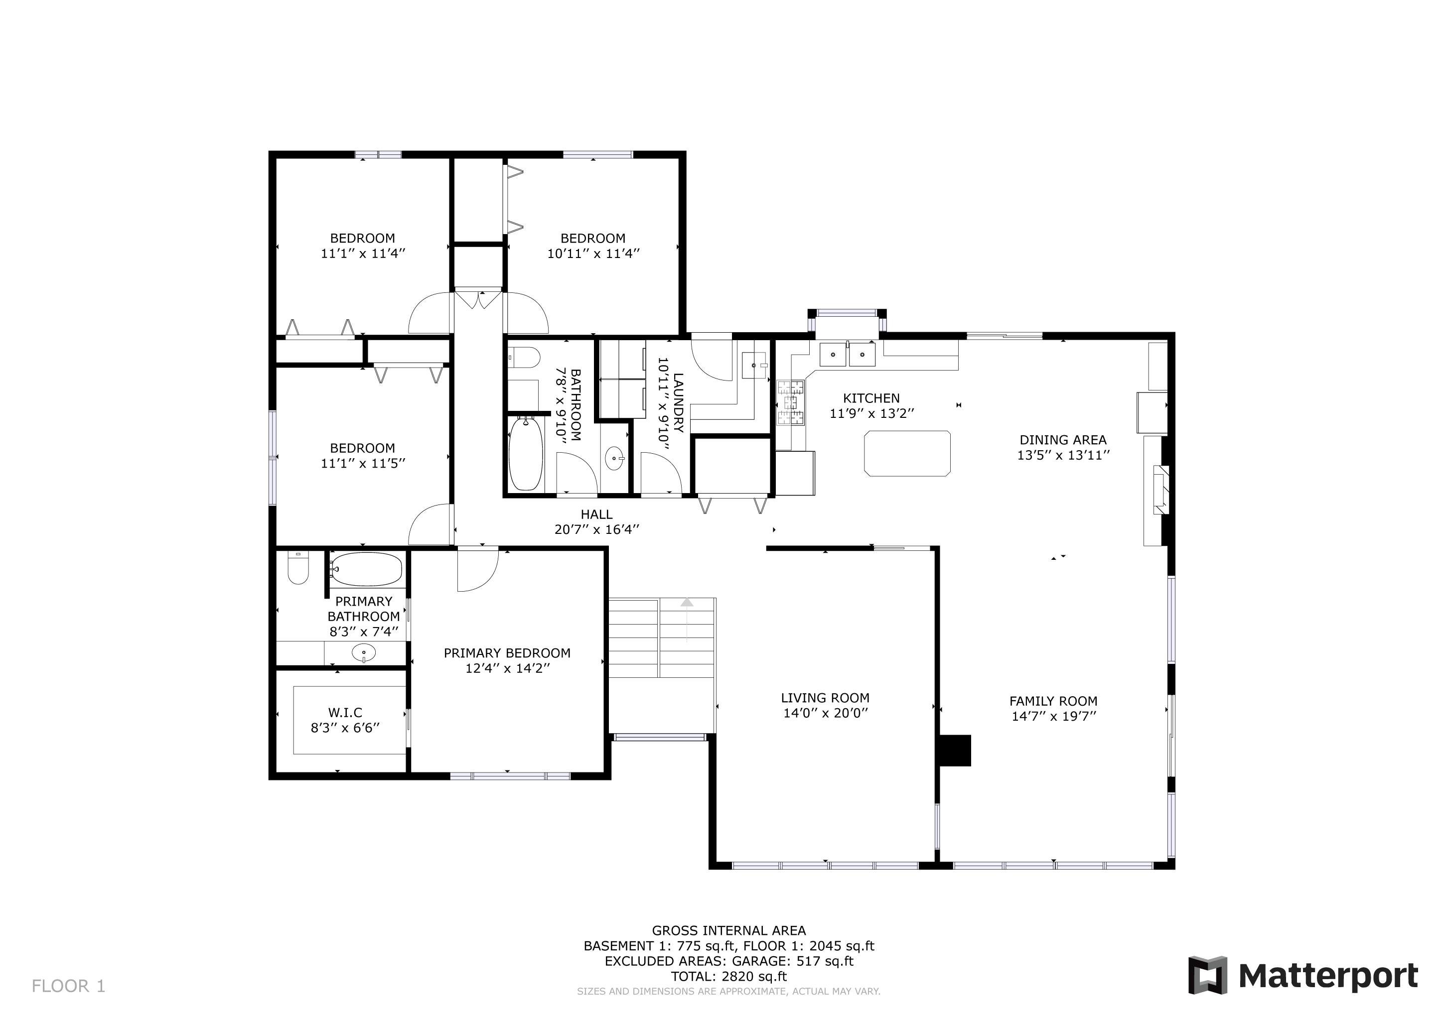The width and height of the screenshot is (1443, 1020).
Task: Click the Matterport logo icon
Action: (x=1207, y=975)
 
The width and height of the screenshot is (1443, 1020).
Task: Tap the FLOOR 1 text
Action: (x=68, y=986)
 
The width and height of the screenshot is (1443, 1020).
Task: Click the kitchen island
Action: (x=907, y=454)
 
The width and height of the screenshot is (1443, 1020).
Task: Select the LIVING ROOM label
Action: (x=825, y=698)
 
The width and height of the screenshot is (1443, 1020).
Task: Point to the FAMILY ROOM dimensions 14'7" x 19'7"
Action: (x=1054, y=716)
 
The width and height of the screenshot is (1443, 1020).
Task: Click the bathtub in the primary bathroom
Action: (x=366, y=569)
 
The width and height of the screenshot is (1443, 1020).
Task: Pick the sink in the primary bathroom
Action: (x=364, y=653)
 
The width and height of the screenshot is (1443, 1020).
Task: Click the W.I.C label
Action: (x=345, y=712)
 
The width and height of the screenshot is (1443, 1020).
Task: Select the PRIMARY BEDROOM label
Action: (x=507, y=653)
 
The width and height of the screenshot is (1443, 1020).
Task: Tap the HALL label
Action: (x=596, y=514)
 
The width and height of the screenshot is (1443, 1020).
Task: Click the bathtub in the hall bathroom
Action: (x=525, y=454)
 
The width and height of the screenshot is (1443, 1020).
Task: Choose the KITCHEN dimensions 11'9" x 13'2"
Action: (x=871, y=413)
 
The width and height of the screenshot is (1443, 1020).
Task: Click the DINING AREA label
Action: (x=1063, y=440)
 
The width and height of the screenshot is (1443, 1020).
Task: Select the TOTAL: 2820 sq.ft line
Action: (x=729, y=976)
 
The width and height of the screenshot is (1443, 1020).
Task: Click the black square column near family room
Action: (x=955, y=751)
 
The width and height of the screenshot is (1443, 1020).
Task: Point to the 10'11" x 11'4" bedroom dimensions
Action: (x=593, y=254)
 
